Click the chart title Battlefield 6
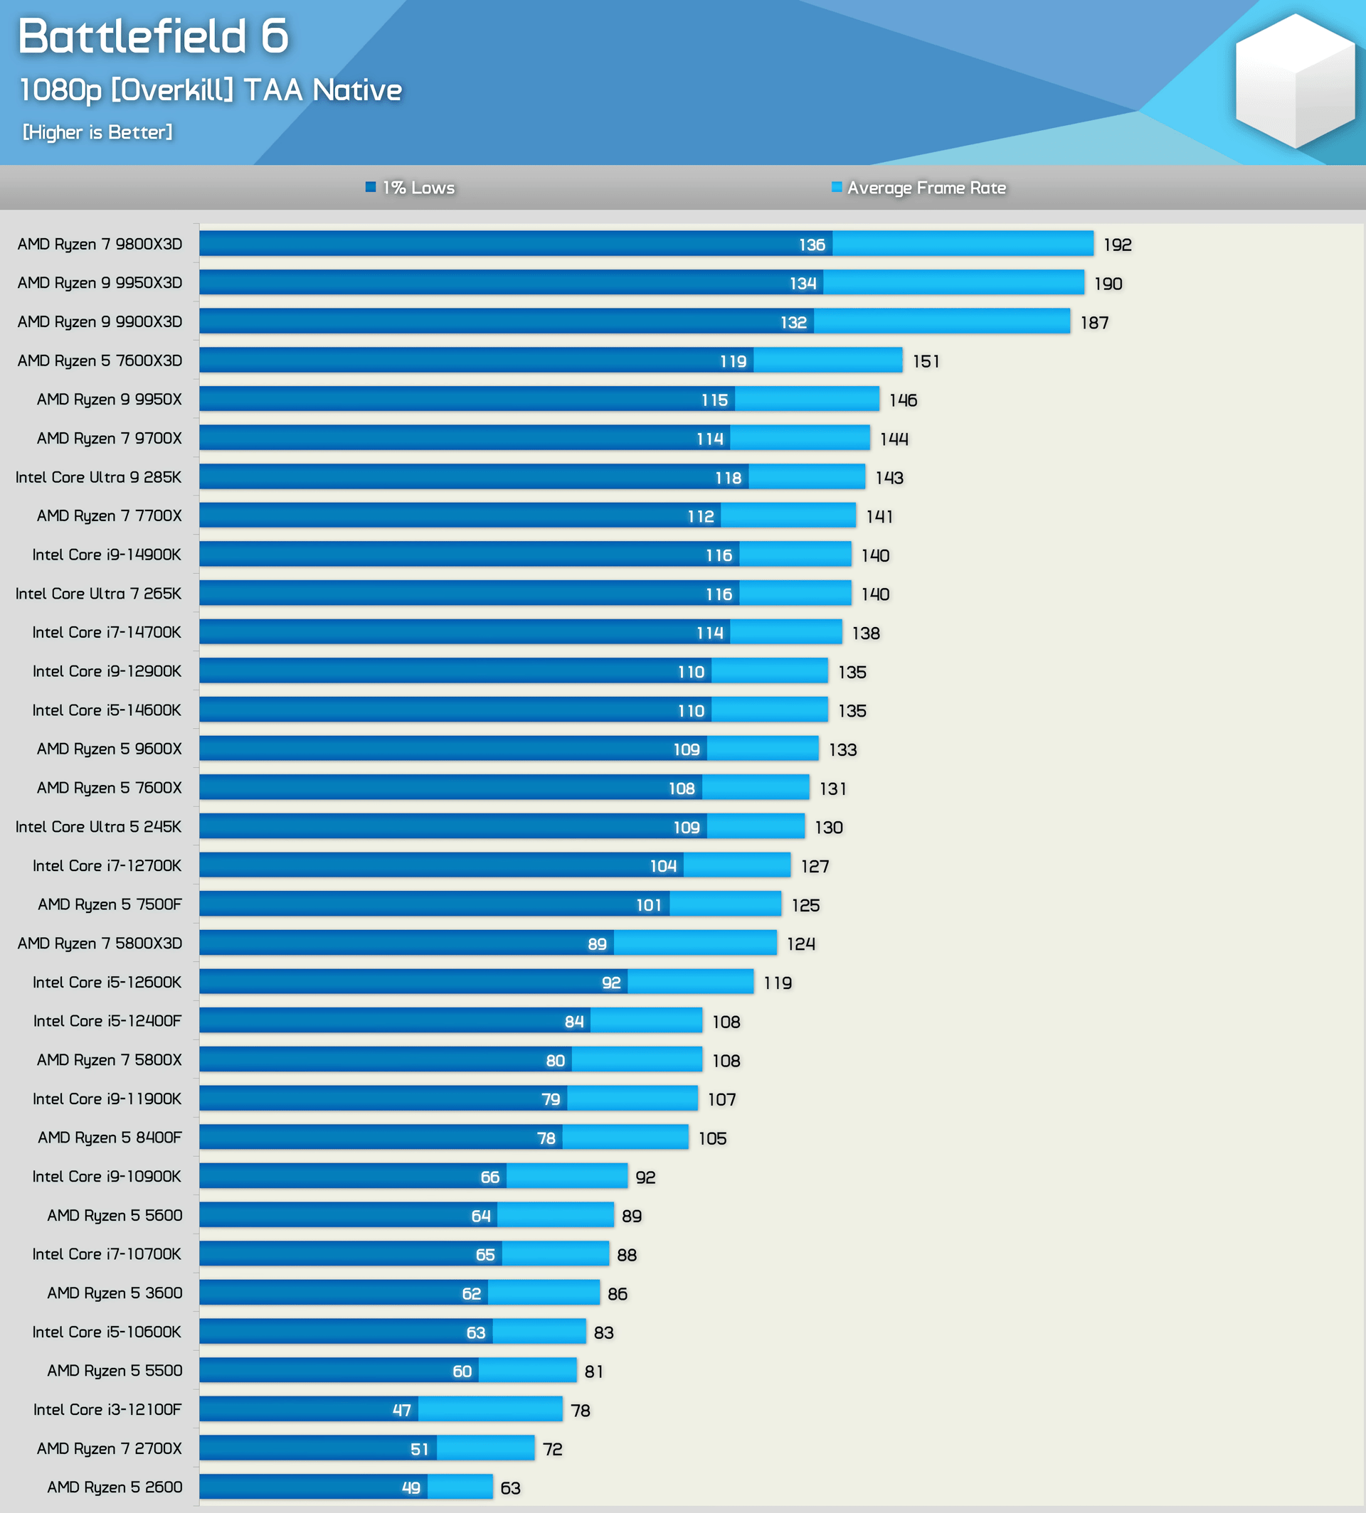coord(153,36)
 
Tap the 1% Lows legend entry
coord(411,188)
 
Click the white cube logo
coord(1295,81)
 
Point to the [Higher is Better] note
coord(97,132)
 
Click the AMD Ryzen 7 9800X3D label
coord(100,244)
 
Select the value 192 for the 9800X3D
coord(1118,245)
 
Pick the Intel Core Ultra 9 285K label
coord(98,477)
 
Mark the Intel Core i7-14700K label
coord(107,632)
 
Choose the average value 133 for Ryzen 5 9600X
coord(843,749)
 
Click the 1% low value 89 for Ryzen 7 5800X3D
coord(598,943)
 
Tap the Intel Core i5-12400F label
coord(107,1021)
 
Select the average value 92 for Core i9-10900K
coord(645,1177)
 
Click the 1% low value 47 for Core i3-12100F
coord(401,1410)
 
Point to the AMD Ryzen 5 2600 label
coord(115,1487)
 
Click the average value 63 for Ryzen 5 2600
coord(510,1488)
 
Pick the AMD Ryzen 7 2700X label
coord(110,1448)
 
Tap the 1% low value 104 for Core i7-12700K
coord(664,867)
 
